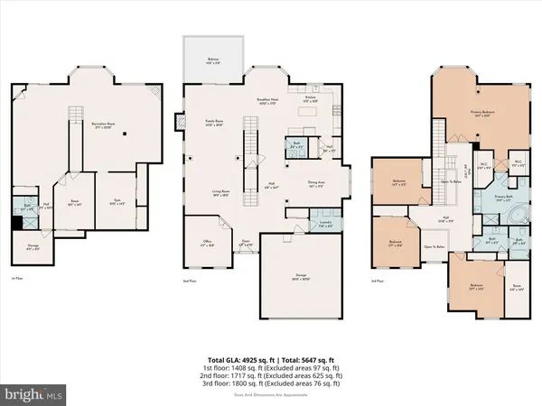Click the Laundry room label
[326, 224]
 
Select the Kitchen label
[311, 100]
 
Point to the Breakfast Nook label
[268, 103]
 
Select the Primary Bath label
[506, 198]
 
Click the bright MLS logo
[34, 394]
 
